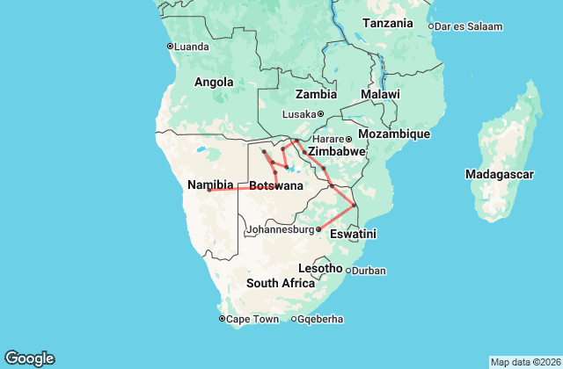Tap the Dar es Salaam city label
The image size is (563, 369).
tap(470, 26)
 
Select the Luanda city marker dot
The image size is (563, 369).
tap(170, 47)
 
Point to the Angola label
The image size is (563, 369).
tap(214, 83)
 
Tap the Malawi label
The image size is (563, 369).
tap(380, 94)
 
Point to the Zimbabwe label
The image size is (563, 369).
tap(336, 151)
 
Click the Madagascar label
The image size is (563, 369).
tap(500, 174)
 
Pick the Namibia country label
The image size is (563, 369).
tap(210, 184)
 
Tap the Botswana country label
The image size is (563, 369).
tap(277, 185)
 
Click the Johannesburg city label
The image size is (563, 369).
tap(280, 230)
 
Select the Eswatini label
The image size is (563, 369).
tap(354, 235)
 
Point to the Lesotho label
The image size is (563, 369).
tap(320, 267)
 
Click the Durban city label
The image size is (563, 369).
tap(369, 271)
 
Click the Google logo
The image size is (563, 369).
tap(30, 358)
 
